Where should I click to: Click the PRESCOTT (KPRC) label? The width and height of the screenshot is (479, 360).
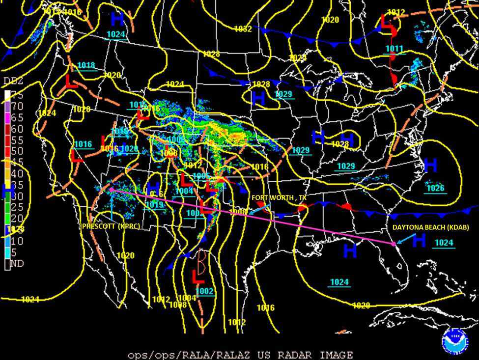pos(111,226)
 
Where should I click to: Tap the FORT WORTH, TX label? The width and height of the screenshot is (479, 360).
pos(279,197)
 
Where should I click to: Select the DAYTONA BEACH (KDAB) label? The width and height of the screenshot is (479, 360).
pos(431,228)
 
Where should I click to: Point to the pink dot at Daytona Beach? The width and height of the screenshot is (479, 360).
pos(393,244)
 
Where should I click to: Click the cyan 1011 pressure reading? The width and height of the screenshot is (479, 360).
pos(394,49)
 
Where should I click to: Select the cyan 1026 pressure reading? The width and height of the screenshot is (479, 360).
pos(435,188)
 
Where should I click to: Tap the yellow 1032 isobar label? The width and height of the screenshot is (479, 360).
pos(243,29)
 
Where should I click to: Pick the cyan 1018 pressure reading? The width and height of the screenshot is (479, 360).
pos(86,65)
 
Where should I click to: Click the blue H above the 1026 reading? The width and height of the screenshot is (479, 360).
pos(430,166)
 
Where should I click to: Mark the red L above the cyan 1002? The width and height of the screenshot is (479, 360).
pos(198,277)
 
